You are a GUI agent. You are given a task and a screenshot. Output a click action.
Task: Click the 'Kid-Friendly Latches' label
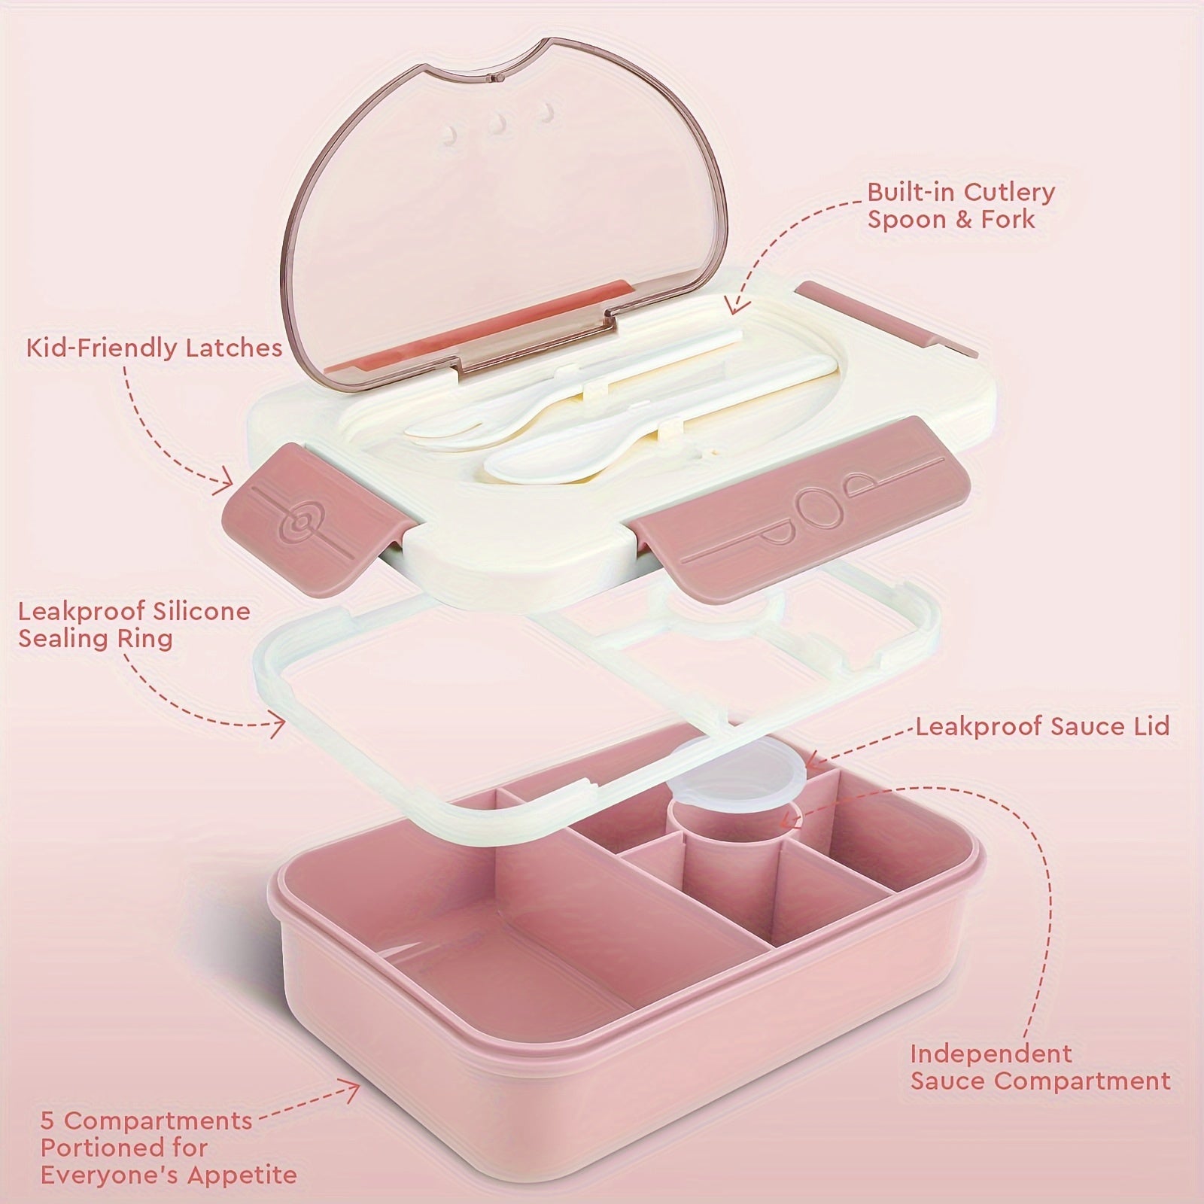tap(154, 348)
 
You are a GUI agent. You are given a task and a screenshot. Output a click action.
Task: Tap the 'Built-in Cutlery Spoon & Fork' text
tap(961, 205)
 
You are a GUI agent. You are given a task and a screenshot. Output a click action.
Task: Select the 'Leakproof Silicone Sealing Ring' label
tap(134, 625)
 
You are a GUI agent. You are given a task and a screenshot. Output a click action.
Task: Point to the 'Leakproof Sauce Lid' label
tap(1042, 726)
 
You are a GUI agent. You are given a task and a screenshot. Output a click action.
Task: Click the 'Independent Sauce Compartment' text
tap(1040, 1067)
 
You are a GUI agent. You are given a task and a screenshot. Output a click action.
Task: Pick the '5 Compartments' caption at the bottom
tap(146, 1120)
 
